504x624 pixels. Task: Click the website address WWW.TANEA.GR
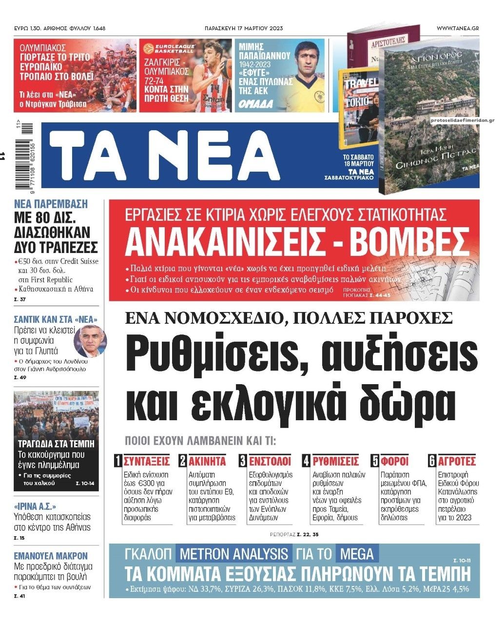(x=457, y=28)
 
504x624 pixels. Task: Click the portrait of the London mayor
(x=89, y=340)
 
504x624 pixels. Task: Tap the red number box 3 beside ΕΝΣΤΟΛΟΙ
(x=243, y=461)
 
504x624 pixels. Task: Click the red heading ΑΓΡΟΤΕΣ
(x=457, y=461)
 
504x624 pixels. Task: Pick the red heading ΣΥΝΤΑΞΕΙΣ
(x=146, y=461)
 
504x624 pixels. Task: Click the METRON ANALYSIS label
(x=233, y=554)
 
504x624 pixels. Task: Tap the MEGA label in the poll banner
(x=357, y=554)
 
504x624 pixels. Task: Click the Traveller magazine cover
(x=358, y=107)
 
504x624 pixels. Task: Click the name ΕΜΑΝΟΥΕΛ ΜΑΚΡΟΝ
(x=51, y=556)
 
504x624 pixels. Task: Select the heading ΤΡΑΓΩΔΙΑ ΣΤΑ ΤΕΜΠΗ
(x=56, y=444)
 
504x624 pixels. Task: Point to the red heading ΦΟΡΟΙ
(x=395, y=461)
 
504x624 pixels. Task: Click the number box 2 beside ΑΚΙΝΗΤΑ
(x=183, y=461)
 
